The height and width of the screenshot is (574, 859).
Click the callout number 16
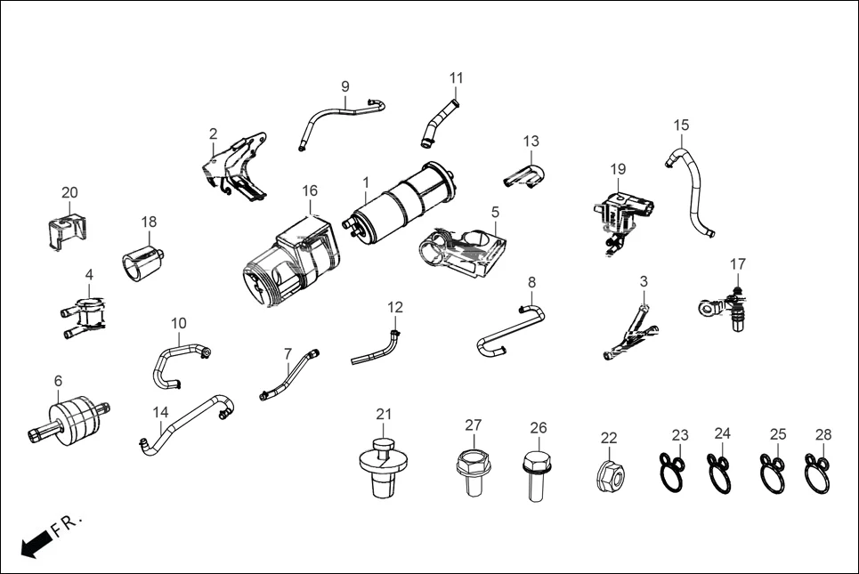tap(309, 190)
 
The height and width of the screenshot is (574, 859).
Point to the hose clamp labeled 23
tap(671, 471)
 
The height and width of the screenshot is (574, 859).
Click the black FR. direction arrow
tap(36, 542)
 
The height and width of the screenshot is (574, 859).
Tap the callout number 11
tap(456, 77)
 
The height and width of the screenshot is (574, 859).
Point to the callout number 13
tap(531, 141)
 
